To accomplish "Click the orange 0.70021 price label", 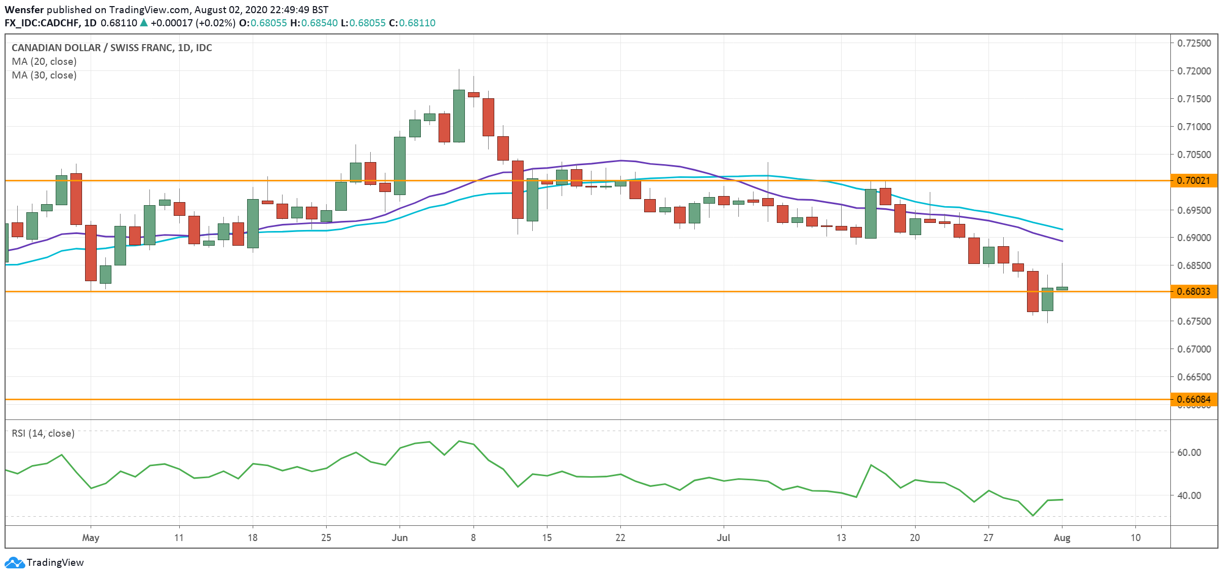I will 1194,180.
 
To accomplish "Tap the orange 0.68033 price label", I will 1194,291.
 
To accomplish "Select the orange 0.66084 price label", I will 1194,399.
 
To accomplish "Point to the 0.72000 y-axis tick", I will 1194,71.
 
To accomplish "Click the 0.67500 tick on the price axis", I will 1194,321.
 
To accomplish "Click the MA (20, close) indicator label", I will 44,61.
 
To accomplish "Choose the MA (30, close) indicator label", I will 44,75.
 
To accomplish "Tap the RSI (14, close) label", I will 43,433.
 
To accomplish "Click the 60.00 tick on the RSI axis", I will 1189,452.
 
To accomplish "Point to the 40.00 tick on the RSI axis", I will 1189,495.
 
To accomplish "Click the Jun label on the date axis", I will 400,537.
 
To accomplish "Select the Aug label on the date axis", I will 1061,537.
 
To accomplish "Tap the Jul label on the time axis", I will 723,537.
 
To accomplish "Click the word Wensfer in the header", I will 24,10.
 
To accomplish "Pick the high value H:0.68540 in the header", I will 313,23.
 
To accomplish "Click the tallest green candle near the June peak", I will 459,116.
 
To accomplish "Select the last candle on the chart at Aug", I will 1062,288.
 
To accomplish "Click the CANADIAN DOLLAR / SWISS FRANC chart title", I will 111,48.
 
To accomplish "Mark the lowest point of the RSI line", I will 1033,516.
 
